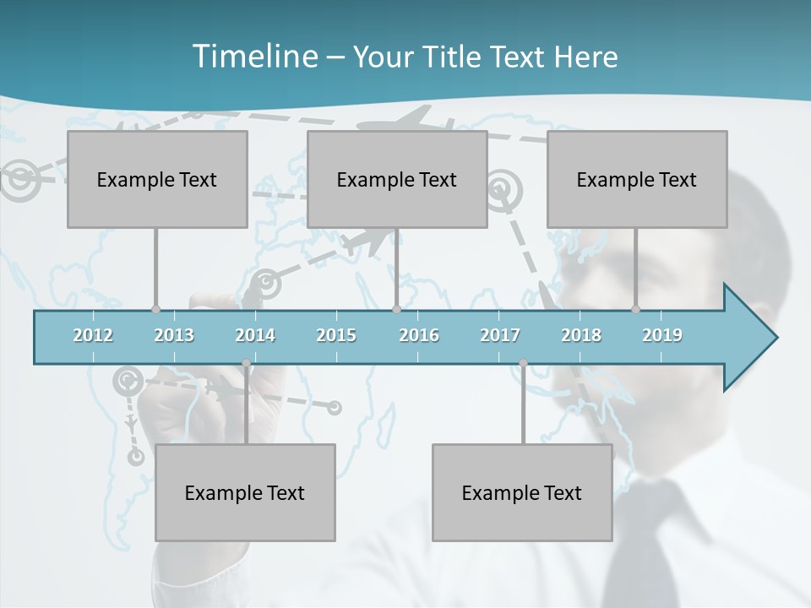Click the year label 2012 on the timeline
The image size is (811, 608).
[93, 335]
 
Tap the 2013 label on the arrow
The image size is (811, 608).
[174, 335]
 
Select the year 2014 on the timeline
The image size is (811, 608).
[255, 335]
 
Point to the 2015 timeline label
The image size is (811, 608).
[336, 335]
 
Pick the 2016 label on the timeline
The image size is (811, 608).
[419, 335]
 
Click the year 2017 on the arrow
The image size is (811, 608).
[500, 335]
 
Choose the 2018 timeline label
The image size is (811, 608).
[581, 335]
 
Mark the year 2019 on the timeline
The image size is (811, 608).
[662, 335]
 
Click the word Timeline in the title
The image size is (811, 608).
[253, 57]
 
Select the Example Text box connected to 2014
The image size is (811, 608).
[245, 492]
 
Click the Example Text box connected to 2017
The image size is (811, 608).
[522, 492]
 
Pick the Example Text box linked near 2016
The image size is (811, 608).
[397, 179]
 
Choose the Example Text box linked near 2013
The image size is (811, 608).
[157, 179]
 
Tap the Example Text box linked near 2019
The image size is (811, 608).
[637, 179]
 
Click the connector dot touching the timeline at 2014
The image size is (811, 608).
[247, 363]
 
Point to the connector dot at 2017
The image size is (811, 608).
[523, 363]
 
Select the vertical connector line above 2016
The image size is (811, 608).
[397, 269]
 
